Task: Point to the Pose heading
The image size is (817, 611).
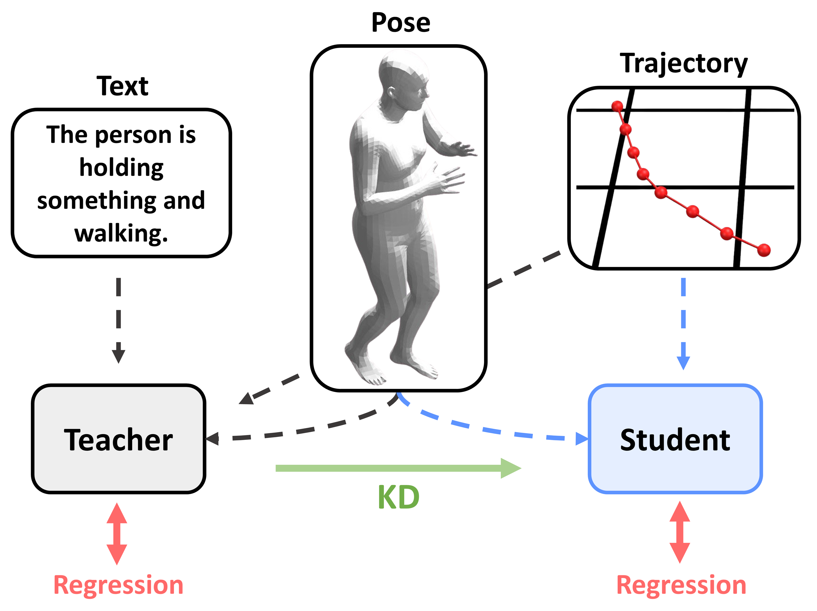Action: (401, 23)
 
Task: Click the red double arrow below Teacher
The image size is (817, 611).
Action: (117, 534)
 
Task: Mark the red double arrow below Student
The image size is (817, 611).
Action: (680, 532)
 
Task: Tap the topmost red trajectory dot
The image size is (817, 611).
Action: (617, 106)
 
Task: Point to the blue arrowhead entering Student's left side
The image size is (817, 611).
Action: (582, 439)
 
